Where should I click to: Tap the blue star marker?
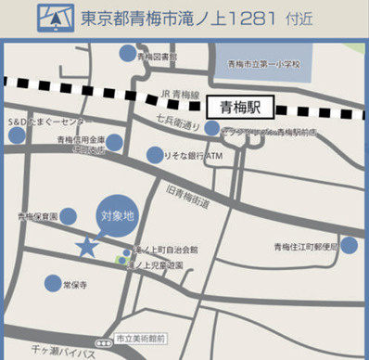(86, 247)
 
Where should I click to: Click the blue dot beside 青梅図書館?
(127, 55)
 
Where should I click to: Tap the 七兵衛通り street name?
(179, 121)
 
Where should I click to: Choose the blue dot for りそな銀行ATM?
(156, 156)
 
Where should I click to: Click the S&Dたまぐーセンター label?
(49, 121)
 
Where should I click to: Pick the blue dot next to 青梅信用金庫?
(114, 142)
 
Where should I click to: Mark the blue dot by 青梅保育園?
(69, 216)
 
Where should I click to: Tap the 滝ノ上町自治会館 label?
(169, 251)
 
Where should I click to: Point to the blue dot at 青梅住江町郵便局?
(349, 245)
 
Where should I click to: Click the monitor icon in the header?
(56, 18)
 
